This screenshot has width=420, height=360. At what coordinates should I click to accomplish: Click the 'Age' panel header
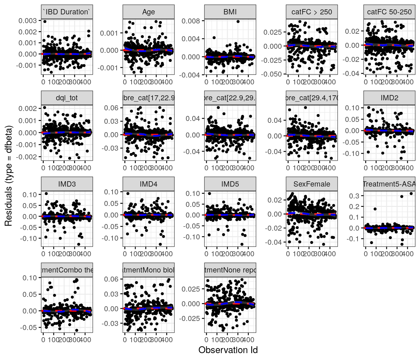click(148, 12)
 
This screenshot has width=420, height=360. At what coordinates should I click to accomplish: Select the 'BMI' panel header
click(230, 12)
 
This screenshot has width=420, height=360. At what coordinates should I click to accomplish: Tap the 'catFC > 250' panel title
click(312, 12)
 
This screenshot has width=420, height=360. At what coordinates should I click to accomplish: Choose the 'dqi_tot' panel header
click(67, 98)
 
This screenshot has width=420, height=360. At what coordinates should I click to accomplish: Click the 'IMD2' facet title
click(389, 98)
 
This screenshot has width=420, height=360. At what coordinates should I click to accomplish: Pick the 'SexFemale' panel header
click(312, 184)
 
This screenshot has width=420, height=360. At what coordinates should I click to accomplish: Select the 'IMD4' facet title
click(148, 184)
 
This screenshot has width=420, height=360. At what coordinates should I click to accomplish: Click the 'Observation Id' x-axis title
click(228, 350)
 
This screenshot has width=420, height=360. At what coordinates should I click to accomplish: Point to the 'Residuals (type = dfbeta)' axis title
click(8, 176)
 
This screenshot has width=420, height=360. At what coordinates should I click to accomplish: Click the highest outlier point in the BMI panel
click(238, 22)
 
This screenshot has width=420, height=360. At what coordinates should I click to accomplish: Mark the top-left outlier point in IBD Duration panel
click(45, 22)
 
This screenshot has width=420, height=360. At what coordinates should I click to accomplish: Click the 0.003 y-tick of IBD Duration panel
click(28, 21)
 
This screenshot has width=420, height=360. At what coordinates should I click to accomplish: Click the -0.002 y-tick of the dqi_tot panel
click(28, 157)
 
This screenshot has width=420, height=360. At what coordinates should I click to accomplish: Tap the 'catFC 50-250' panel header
click(389, 12)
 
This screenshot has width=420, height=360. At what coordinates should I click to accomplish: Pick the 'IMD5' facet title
click(230, 184)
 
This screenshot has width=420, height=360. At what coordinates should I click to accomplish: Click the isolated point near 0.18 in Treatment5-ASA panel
click(375, 209)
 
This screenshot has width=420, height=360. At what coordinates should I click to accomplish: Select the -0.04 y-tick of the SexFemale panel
click(274, 242)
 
